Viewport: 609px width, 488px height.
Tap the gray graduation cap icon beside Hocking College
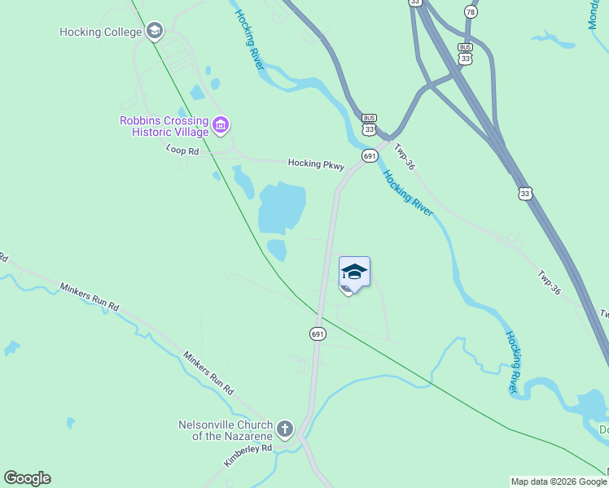coord(154,32)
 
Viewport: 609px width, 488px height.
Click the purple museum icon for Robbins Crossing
coord(221,125)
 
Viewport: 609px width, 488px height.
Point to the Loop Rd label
coord(182,150)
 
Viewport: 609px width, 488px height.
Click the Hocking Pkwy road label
coord(316,164)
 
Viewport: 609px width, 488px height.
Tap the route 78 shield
coord(471,12)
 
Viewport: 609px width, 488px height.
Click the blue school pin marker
coord(354,273)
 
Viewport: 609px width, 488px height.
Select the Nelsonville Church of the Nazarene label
coord(226,430)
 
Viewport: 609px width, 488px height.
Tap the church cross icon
coord(284,428)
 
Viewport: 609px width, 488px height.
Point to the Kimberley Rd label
coord(247,455)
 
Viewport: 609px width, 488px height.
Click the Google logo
coord(27,478)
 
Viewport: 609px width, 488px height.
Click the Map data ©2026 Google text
coord(559,481)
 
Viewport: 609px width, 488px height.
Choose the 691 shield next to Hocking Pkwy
coord(370,155)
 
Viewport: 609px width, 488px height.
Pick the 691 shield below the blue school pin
coord(318,333)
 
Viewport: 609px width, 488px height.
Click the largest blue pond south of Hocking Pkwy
coord(282,207)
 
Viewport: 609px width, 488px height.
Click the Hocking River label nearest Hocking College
coord(249,39)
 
